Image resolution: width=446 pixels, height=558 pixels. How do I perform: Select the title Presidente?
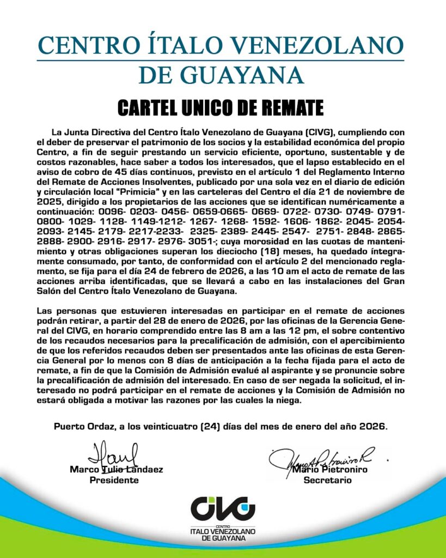click(x=114, y=480)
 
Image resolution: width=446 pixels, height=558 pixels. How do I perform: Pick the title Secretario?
click(x=327, y=480)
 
